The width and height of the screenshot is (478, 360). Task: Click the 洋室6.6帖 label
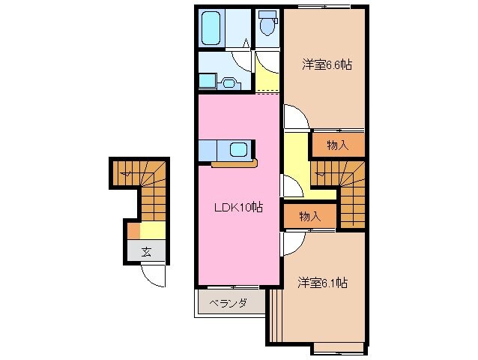point(327,65)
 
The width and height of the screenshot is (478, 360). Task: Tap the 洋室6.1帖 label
point(321,283)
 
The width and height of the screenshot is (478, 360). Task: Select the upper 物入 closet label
point(337,145)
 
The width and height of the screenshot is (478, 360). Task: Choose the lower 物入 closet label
point(309,216)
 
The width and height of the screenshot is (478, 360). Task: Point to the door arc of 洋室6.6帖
point(294,118)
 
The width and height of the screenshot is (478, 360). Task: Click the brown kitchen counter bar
point(235,163)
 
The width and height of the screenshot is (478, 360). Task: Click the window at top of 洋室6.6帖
point(330,7)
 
